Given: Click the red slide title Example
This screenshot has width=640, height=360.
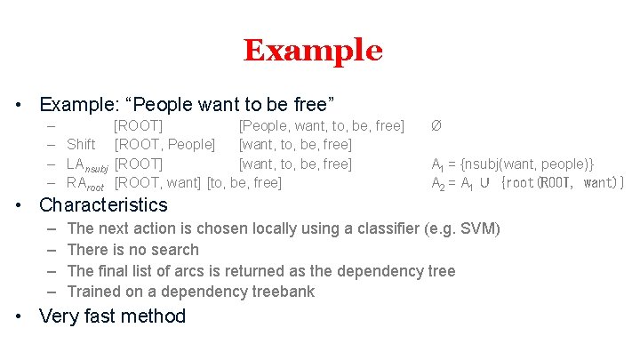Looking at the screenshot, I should (313, 51).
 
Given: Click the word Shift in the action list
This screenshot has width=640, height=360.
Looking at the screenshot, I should (81, 144).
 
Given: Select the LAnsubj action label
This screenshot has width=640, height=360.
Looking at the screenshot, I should (87, 164).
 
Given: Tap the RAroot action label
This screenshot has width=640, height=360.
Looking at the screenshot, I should (85, 183).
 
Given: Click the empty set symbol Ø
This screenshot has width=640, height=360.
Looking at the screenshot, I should (436, 125).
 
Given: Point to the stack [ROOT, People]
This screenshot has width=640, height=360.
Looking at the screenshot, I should (164, 144).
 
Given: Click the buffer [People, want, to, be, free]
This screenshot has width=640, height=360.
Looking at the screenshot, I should (322, 125).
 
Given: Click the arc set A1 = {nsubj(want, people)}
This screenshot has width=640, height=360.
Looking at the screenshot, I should (512, 164).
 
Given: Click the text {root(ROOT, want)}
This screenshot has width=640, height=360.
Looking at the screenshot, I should (563, 183).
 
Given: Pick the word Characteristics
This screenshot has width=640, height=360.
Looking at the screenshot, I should (103, 205).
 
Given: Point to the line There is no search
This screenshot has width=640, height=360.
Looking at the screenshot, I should (132, 250).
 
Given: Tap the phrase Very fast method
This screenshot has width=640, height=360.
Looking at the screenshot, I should (113, 316).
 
